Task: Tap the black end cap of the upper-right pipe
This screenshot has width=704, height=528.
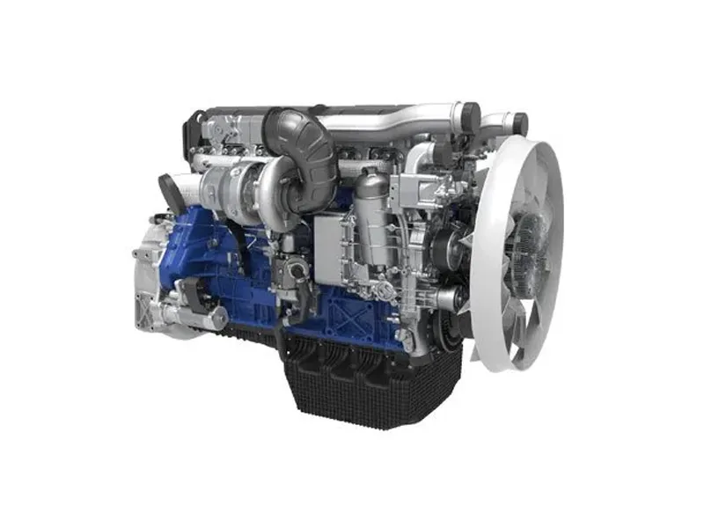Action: coord(520,124)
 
